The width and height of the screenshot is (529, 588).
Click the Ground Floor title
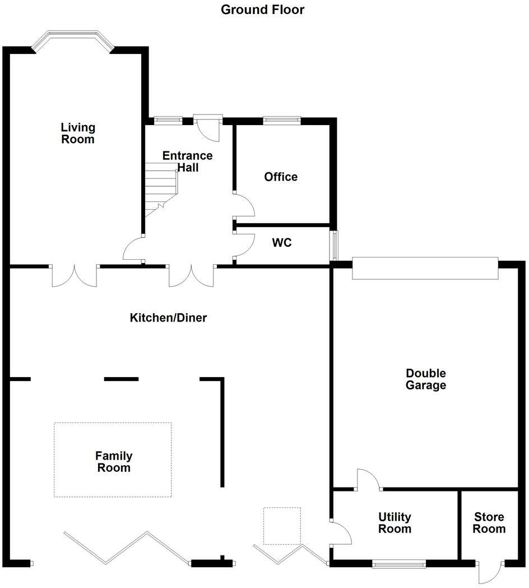pos(262,10)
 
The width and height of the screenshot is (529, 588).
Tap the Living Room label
pos(78,134)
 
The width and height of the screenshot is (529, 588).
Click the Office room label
pos(281,177)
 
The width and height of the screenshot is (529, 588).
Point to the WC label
pos(282,244)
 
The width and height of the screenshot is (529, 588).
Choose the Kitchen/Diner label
pos(168,318)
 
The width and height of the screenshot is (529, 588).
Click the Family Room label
pos(114,462)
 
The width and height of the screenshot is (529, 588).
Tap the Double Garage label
pos(426,379)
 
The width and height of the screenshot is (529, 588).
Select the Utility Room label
pos(395,523)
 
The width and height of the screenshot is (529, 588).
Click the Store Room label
pos(489,523)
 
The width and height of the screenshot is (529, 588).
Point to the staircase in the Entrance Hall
pos(161,188)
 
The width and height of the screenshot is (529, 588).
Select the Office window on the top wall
pos(282,120)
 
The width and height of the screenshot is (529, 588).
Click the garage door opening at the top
pos(425,268)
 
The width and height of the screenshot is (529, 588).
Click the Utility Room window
pos(399,563)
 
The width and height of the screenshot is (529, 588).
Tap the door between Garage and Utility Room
pos(368,480)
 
